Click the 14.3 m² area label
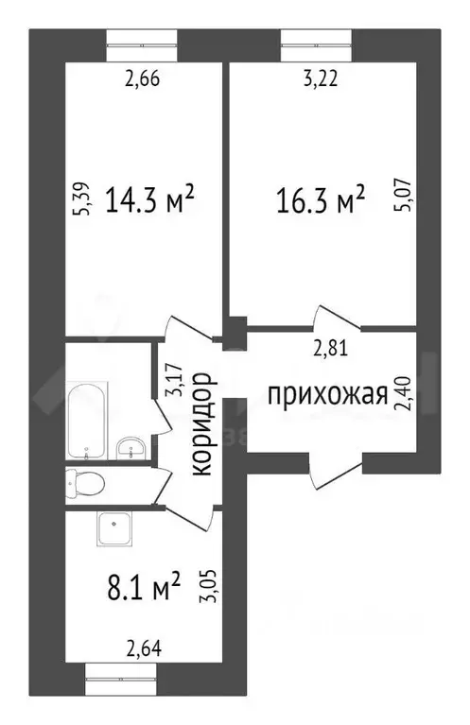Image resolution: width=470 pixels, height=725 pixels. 150,199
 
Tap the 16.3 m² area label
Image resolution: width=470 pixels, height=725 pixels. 321,201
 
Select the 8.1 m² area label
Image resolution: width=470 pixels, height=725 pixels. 141,590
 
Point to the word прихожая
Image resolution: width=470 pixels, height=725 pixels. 326,394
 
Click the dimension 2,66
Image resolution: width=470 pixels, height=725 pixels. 141,79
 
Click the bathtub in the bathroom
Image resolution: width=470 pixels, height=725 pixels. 86,418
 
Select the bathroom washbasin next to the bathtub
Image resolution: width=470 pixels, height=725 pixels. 129,446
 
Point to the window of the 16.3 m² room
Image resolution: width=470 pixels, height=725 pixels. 318,39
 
